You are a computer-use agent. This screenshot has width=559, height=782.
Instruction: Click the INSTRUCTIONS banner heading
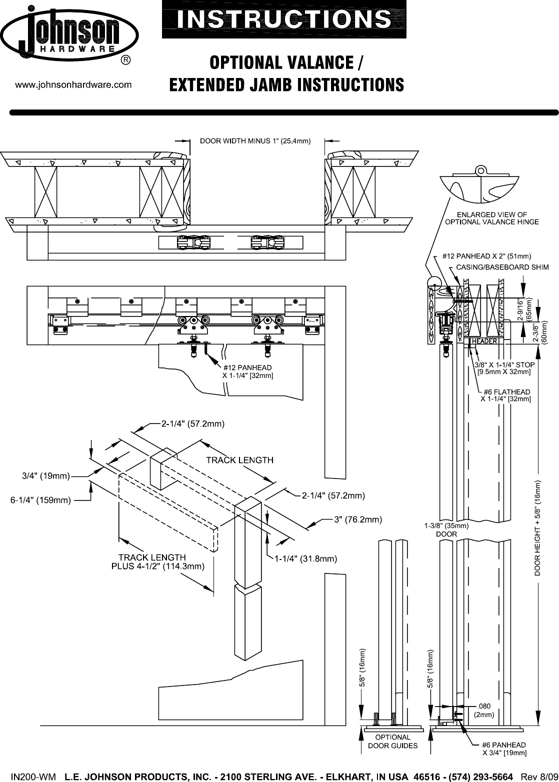284,19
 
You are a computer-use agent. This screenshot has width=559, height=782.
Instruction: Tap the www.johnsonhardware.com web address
74,85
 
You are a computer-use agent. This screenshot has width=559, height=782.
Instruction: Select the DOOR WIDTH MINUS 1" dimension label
255,140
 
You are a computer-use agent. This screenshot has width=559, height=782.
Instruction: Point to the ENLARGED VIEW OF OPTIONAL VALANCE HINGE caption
492,218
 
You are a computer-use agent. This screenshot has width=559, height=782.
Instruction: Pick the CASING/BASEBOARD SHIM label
502,267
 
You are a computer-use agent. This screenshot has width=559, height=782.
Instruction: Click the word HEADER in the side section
484,341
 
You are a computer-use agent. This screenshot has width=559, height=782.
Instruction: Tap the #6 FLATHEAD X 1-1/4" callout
505,395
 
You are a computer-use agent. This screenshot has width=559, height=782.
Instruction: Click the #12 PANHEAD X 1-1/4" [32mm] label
247,371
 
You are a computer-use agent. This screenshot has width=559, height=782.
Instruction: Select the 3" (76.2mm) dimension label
358,519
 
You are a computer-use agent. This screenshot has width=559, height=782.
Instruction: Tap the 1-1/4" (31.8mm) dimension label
305,559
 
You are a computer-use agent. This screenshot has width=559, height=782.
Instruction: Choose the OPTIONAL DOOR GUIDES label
392,741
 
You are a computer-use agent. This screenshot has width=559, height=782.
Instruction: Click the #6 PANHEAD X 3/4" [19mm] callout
503,748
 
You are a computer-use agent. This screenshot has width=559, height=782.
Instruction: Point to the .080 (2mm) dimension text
483,710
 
